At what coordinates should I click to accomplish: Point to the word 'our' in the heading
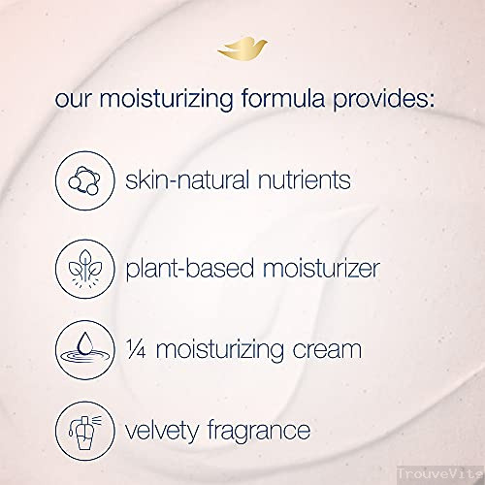coord(76,101)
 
